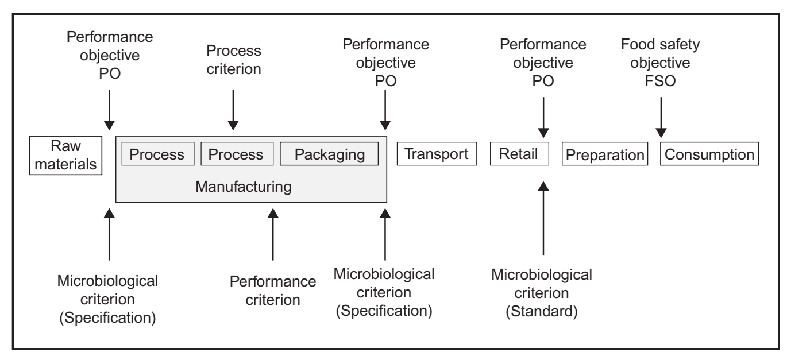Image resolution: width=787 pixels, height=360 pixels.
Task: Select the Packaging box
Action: pos(329,154)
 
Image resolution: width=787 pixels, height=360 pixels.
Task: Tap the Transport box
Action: pos(437,154)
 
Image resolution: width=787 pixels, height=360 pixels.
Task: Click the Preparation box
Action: pos(604,155)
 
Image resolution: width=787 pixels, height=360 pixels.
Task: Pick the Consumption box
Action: pos(709,154)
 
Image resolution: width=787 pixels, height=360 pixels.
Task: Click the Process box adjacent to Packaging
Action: pos(236,154)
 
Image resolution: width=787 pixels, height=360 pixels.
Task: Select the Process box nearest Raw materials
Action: pos(157,154)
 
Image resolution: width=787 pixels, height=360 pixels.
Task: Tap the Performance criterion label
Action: pos(273,291)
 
